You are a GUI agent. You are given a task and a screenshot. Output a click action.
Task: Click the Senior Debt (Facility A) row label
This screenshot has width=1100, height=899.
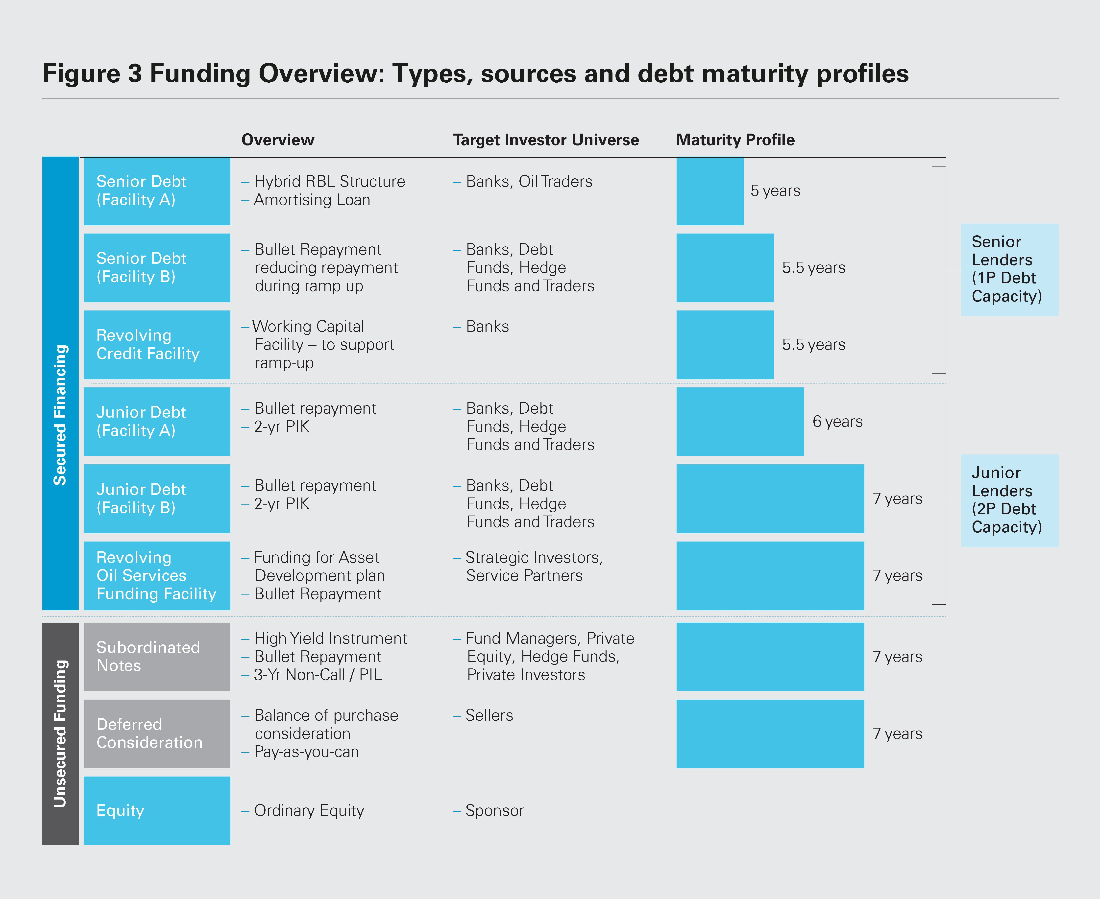(x=157, y=191)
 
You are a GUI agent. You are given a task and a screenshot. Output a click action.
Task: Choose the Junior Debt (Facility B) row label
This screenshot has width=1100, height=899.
(x=157, y=499)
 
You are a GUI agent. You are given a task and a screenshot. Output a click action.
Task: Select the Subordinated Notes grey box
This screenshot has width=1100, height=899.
(x=157, y=657)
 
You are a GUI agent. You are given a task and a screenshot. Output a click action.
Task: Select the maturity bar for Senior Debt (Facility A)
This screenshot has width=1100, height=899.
(x=710, y=191)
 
